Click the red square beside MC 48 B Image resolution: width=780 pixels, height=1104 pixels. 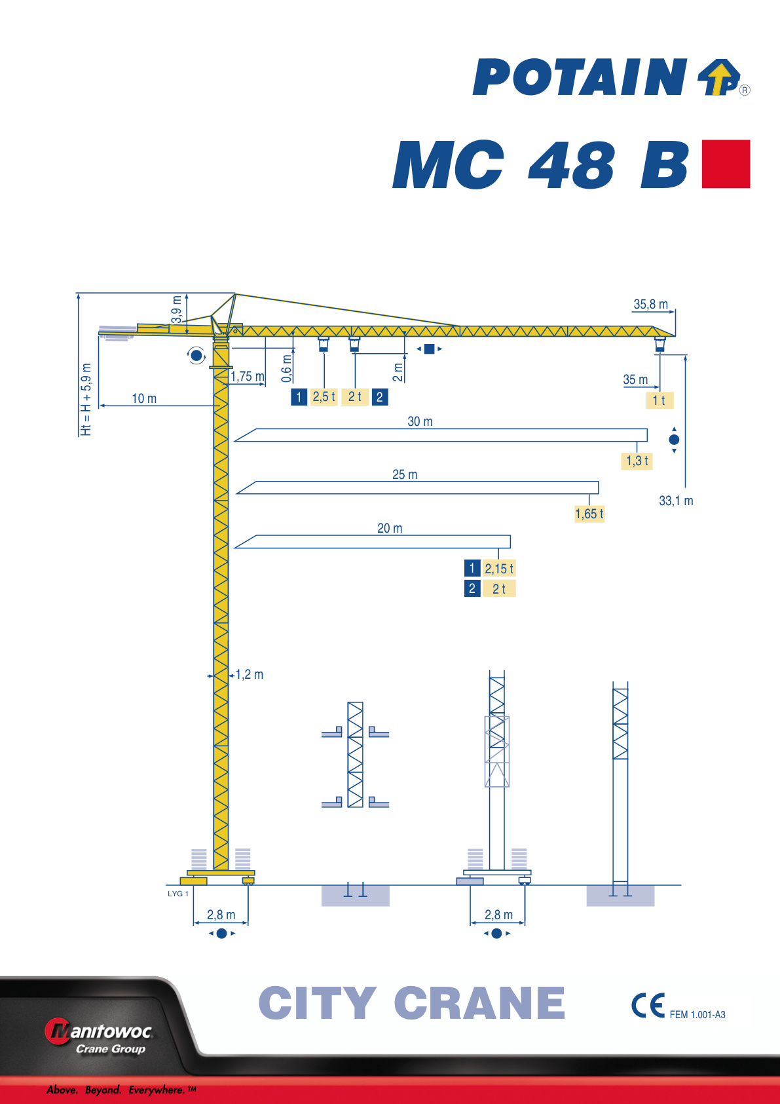726,164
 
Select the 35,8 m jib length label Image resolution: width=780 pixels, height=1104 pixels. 650,305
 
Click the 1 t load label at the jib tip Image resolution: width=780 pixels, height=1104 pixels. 659,400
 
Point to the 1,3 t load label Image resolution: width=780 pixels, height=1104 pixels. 637,461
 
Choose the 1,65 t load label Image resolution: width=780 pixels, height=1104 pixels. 589,514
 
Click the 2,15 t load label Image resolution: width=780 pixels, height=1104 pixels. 498,569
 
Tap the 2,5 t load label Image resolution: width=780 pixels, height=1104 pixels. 324,397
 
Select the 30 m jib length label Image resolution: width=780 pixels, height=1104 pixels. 420,422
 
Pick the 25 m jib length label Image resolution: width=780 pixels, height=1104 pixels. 405,474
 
